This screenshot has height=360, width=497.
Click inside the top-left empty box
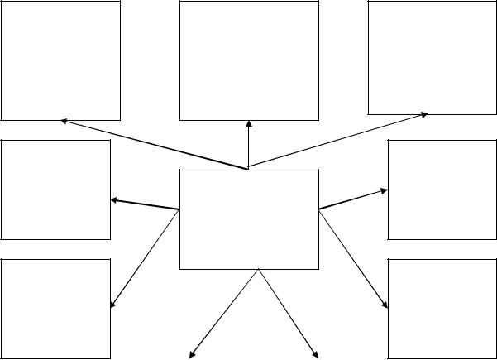coord(60,61)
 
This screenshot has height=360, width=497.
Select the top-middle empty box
coord(249,61)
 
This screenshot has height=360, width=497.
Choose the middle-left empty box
coord(55,190)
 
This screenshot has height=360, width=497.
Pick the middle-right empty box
coord(442,190)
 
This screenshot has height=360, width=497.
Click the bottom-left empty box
coord(55,309)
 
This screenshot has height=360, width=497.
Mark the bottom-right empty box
coord(442,309)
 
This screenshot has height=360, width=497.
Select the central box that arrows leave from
coord(249,219)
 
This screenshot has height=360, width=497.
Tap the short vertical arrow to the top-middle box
coord(249,145)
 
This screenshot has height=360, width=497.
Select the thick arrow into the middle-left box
coord(145,204)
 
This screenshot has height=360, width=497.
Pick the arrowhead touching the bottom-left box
coord(112,305)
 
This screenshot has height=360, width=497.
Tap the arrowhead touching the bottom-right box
coord(385,305)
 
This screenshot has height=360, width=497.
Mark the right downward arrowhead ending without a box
coord(316,355)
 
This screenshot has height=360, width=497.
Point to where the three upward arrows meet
coord(248,168)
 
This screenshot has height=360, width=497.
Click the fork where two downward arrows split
coord(259,270)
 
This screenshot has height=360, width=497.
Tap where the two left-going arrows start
coord(179,209)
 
